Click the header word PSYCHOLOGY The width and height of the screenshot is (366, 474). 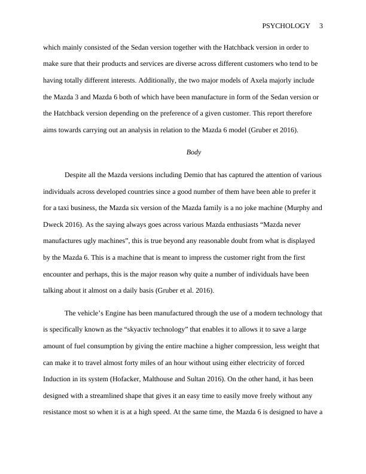[286, 26]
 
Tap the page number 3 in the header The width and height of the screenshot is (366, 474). [321, 26]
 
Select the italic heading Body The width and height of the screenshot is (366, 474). [194, 153]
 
